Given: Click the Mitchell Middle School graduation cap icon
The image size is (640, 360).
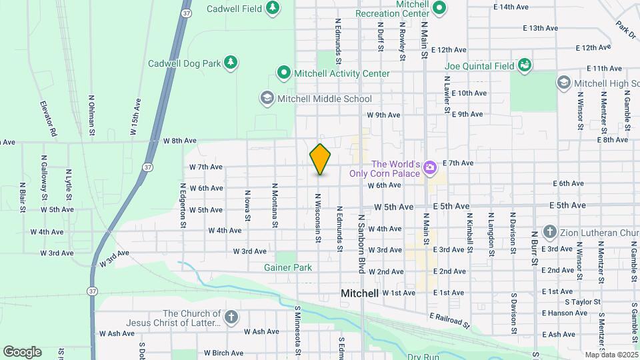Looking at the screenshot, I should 267,99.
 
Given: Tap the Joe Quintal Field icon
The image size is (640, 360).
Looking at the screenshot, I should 524,65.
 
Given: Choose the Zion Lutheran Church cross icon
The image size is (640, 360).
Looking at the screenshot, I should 550,232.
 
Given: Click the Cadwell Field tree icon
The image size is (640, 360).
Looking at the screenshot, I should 272,8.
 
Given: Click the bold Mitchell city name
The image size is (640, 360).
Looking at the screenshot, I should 359,293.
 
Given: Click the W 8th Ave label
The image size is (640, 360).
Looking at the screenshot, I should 180,141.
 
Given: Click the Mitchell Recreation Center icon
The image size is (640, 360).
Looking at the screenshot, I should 439,8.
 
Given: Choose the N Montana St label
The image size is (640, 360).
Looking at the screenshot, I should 274,205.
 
